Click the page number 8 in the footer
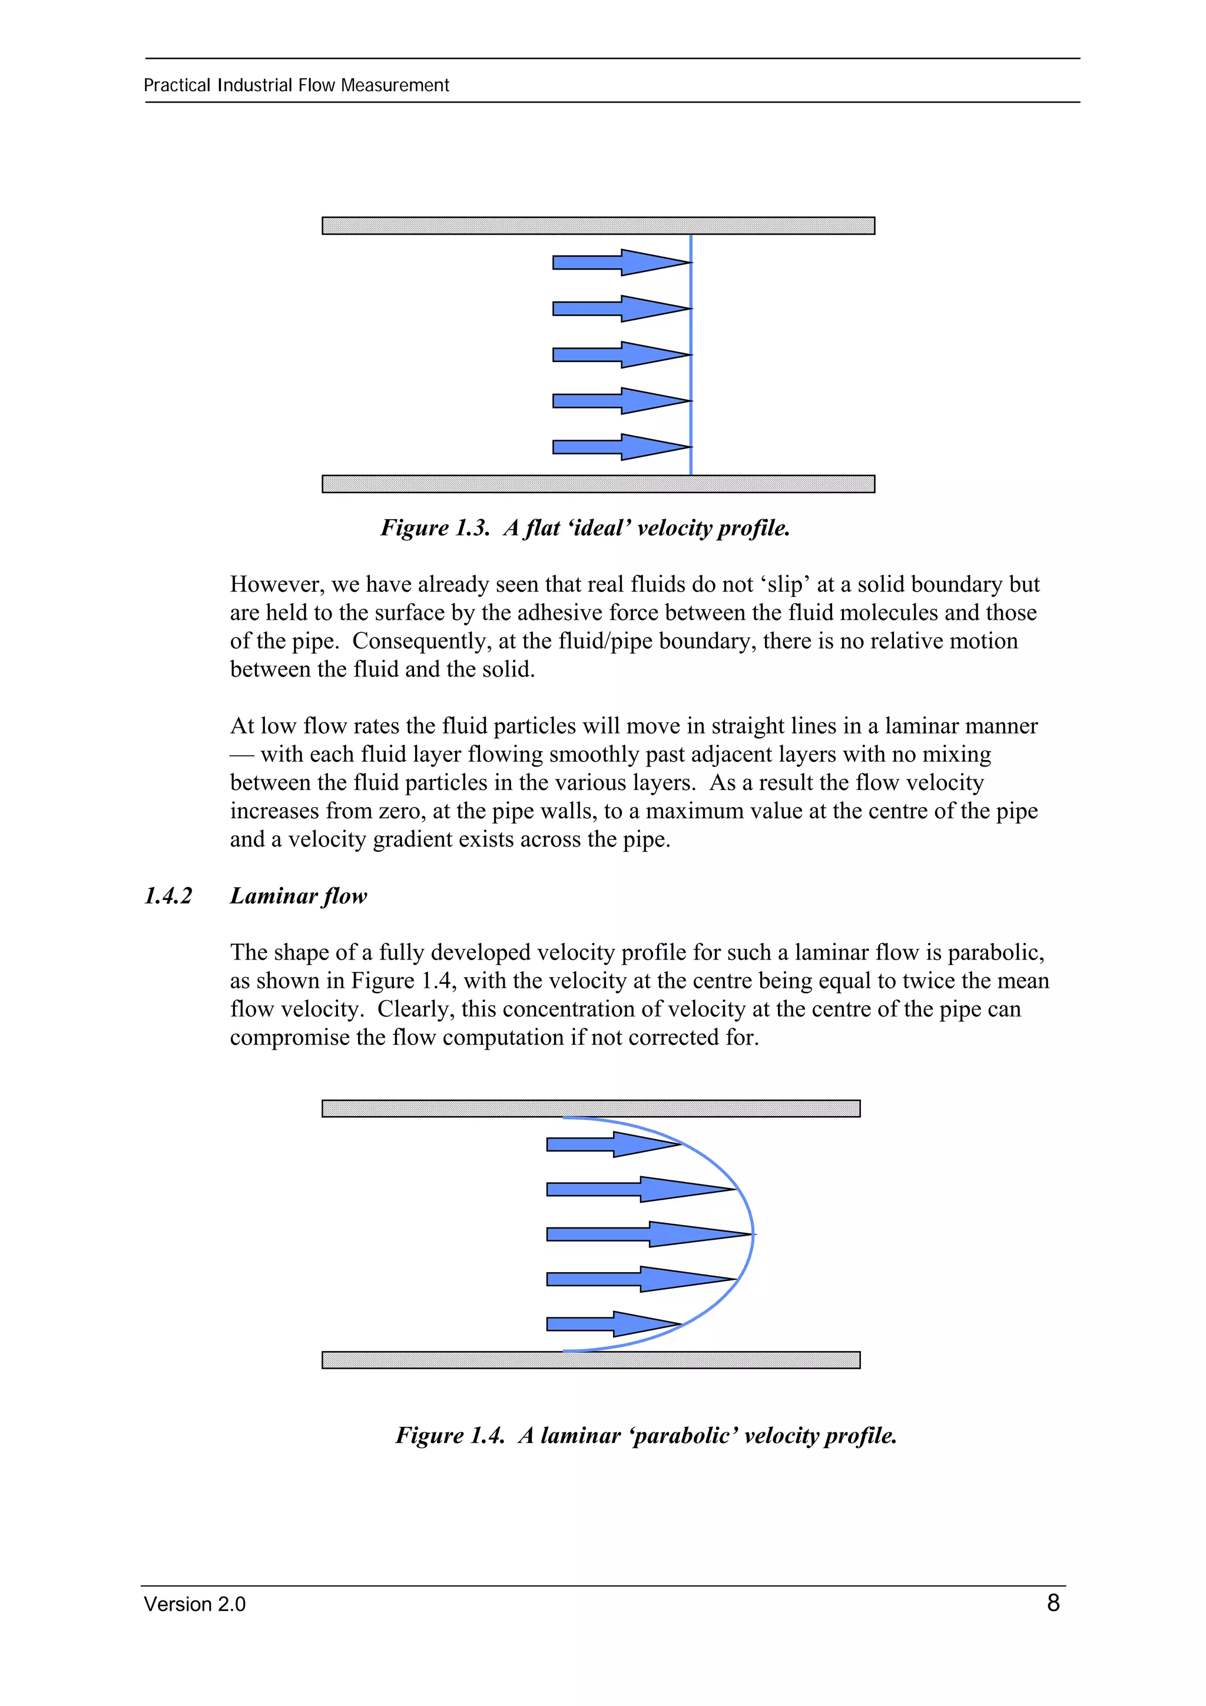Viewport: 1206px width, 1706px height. click(x=1052, y=1603)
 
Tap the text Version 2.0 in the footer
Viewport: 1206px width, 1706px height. click(x=195, y=1604)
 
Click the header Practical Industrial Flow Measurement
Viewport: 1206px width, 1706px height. click(x=296, y=85)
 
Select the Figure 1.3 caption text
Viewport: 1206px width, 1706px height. click(x=585, y=527)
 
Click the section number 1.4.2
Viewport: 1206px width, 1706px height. click(x=168, y=895)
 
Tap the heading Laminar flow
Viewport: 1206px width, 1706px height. click(x=298, y=895)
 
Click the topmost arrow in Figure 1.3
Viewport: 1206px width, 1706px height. click(x=621, y=263)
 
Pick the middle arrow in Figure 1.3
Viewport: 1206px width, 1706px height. click(x=621, y=354)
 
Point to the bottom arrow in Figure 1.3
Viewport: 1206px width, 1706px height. click(x=621, y=447)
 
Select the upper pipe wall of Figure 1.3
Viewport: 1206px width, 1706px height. click(x=598, y=226)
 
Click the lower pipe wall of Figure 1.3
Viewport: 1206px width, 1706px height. click(x=598, y=484)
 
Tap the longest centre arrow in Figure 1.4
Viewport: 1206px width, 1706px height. click(x=647, y=1234)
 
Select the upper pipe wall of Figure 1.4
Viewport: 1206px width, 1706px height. click(x=591, y=1108)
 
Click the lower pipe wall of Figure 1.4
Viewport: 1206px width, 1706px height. click(x=591, y=1360)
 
